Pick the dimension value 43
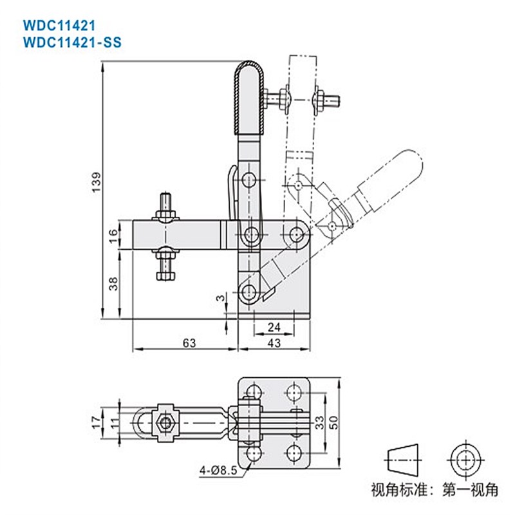(274, 343)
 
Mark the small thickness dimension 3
(221, 298)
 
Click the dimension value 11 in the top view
(113, 422)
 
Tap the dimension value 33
(320, 423)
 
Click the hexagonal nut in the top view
(165, 423)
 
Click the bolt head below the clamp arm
(165, 276)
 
